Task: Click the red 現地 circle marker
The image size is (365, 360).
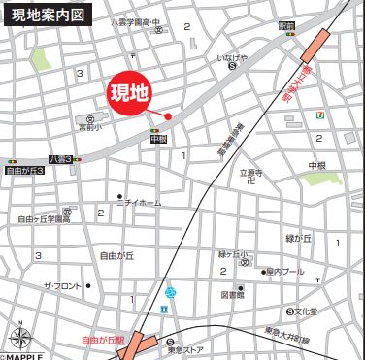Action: pyautogui.click(x=128, y=94)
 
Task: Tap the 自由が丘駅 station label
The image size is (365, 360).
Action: pyautogui.click(x=103, y=341)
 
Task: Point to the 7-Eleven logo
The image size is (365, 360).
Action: pyautogui.click(x=318, y=115)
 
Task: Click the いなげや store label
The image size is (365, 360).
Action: pyautogui.click(x=233, y=58)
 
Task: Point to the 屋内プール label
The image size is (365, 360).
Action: pyautogui.click(x=283, y=273)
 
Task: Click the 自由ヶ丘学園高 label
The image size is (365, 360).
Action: pyautogui.click(x=44, y=219)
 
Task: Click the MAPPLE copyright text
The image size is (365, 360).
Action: pyautogui.click(x=27, y=355)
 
